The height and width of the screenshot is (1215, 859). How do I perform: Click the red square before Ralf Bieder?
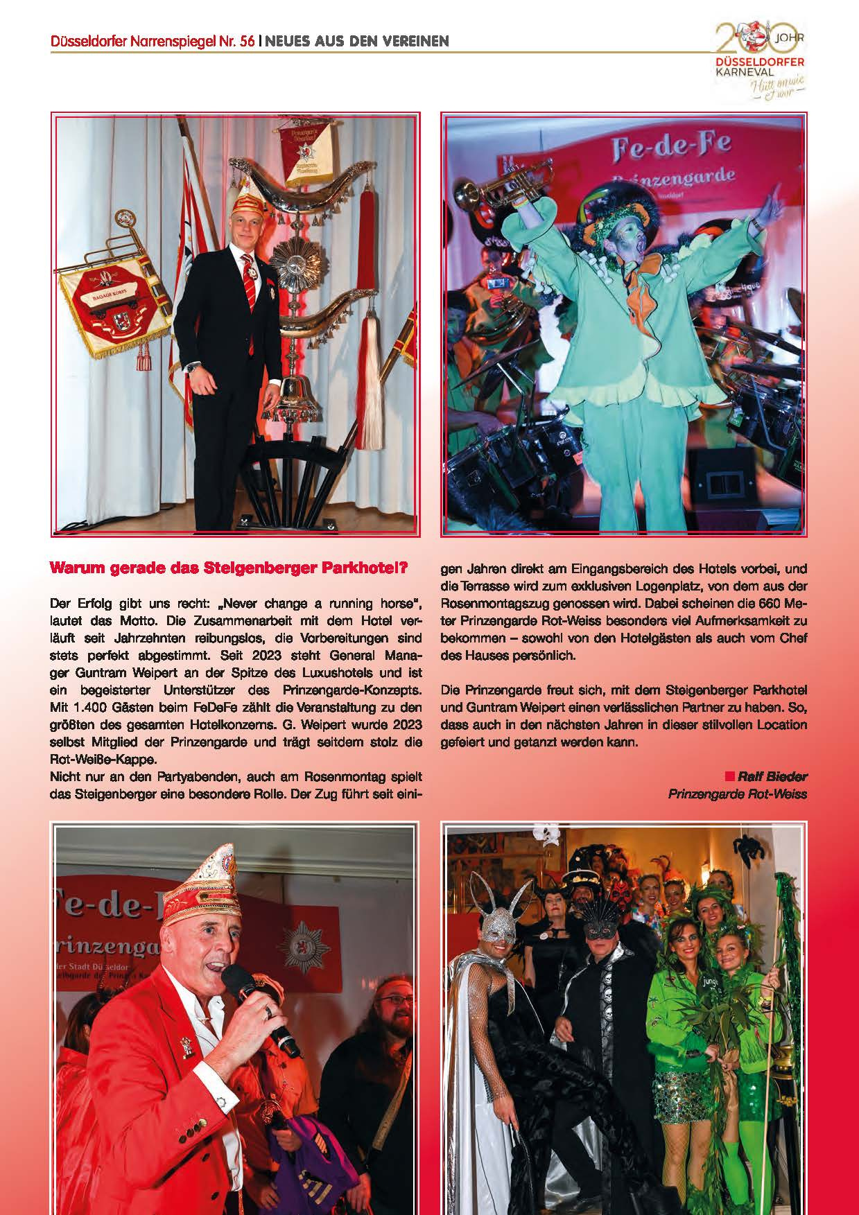click(x=729, y=776)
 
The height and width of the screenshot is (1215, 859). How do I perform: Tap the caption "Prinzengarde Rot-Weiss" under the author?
click(x=737, y=794)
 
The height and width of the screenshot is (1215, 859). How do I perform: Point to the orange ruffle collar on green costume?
click(x=637, y=289)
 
